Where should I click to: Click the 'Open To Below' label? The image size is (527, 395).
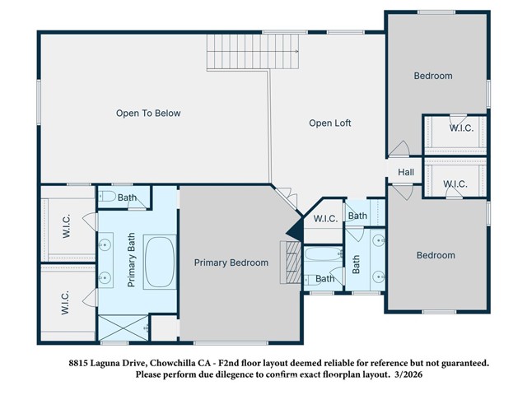148,114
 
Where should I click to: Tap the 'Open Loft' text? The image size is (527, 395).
330,123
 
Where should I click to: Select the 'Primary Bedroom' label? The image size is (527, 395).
231,263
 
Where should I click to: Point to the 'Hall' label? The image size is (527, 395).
407,173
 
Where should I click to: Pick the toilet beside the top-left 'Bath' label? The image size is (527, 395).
108,197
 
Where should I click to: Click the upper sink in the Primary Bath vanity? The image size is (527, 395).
106,244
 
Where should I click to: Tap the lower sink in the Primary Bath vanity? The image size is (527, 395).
106,278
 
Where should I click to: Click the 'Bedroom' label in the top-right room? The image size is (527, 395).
433,77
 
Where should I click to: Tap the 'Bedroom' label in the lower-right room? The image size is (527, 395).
436,256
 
